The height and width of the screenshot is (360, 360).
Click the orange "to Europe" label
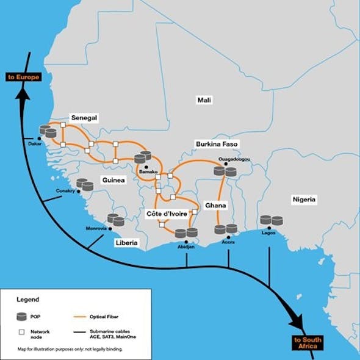(x=23, y=77)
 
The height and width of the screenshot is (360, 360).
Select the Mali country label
(x=203, y=99)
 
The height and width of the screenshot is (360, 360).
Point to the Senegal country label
(x=85, y=118)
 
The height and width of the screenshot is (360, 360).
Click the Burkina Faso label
(x=217, y=144)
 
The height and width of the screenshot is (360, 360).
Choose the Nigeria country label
(x=304, y=200)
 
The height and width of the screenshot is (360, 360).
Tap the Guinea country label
(x=113, y=180)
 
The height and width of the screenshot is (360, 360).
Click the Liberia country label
(x=126, y=243)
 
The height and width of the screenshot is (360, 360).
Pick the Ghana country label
(x=215, y=206)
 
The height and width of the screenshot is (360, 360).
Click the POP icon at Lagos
(x=271, y=220)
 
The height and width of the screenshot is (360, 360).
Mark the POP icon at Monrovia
(x=115, y=220)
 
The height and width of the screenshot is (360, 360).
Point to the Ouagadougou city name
(x=234, y=159)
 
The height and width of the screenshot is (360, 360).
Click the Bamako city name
(x=148, y=172)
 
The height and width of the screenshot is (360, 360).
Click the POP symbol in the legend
(x=22, y=316)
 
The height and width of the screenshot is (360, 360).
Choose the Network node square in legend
(x=22, y=332)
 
